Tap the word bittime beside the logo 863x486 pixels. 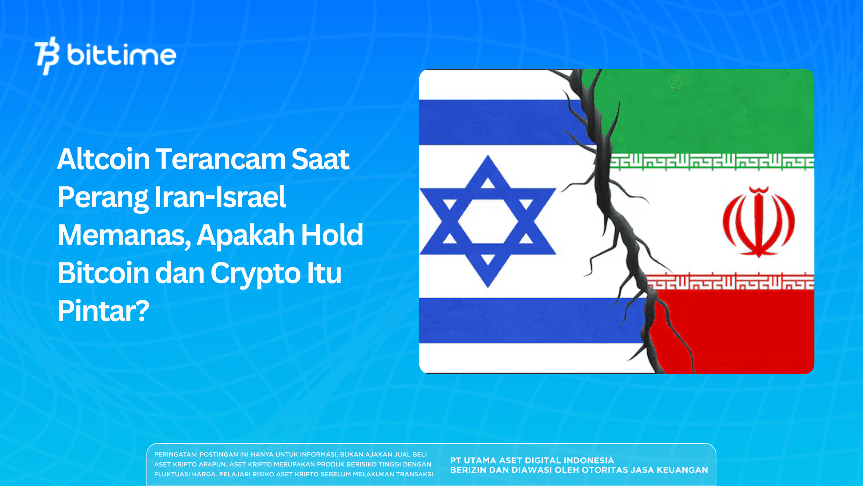coord(121,55)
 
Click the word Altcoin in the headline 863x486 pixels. coord(103,159)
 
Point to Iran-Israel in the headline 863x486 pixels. coord(220,197)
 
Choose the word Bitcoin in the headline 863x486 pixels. coord(103,273)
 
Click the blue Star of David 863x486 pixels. coord(488,221)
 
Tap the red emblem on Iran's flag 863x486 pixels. coord(758,221)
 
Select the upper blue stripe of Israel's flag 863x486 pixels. coord(497,122)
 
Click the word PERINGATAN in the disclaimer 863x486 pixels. coord(175,455)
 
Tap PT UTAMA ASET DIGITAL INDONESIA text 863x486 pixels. coord(532,461)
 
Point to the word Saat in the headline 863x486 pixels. coord(320,159)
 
